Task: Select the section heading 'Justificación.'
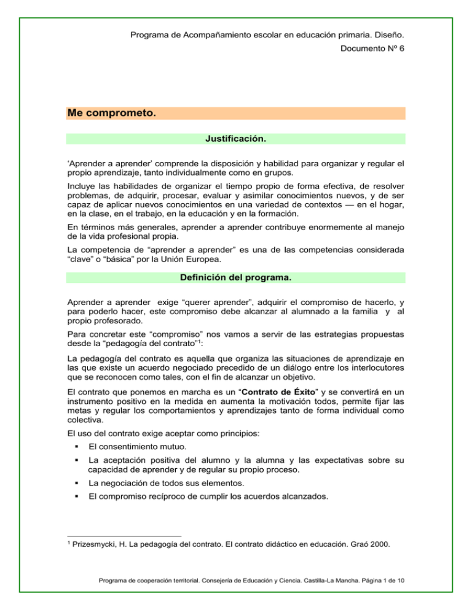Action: pos(236,139)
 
